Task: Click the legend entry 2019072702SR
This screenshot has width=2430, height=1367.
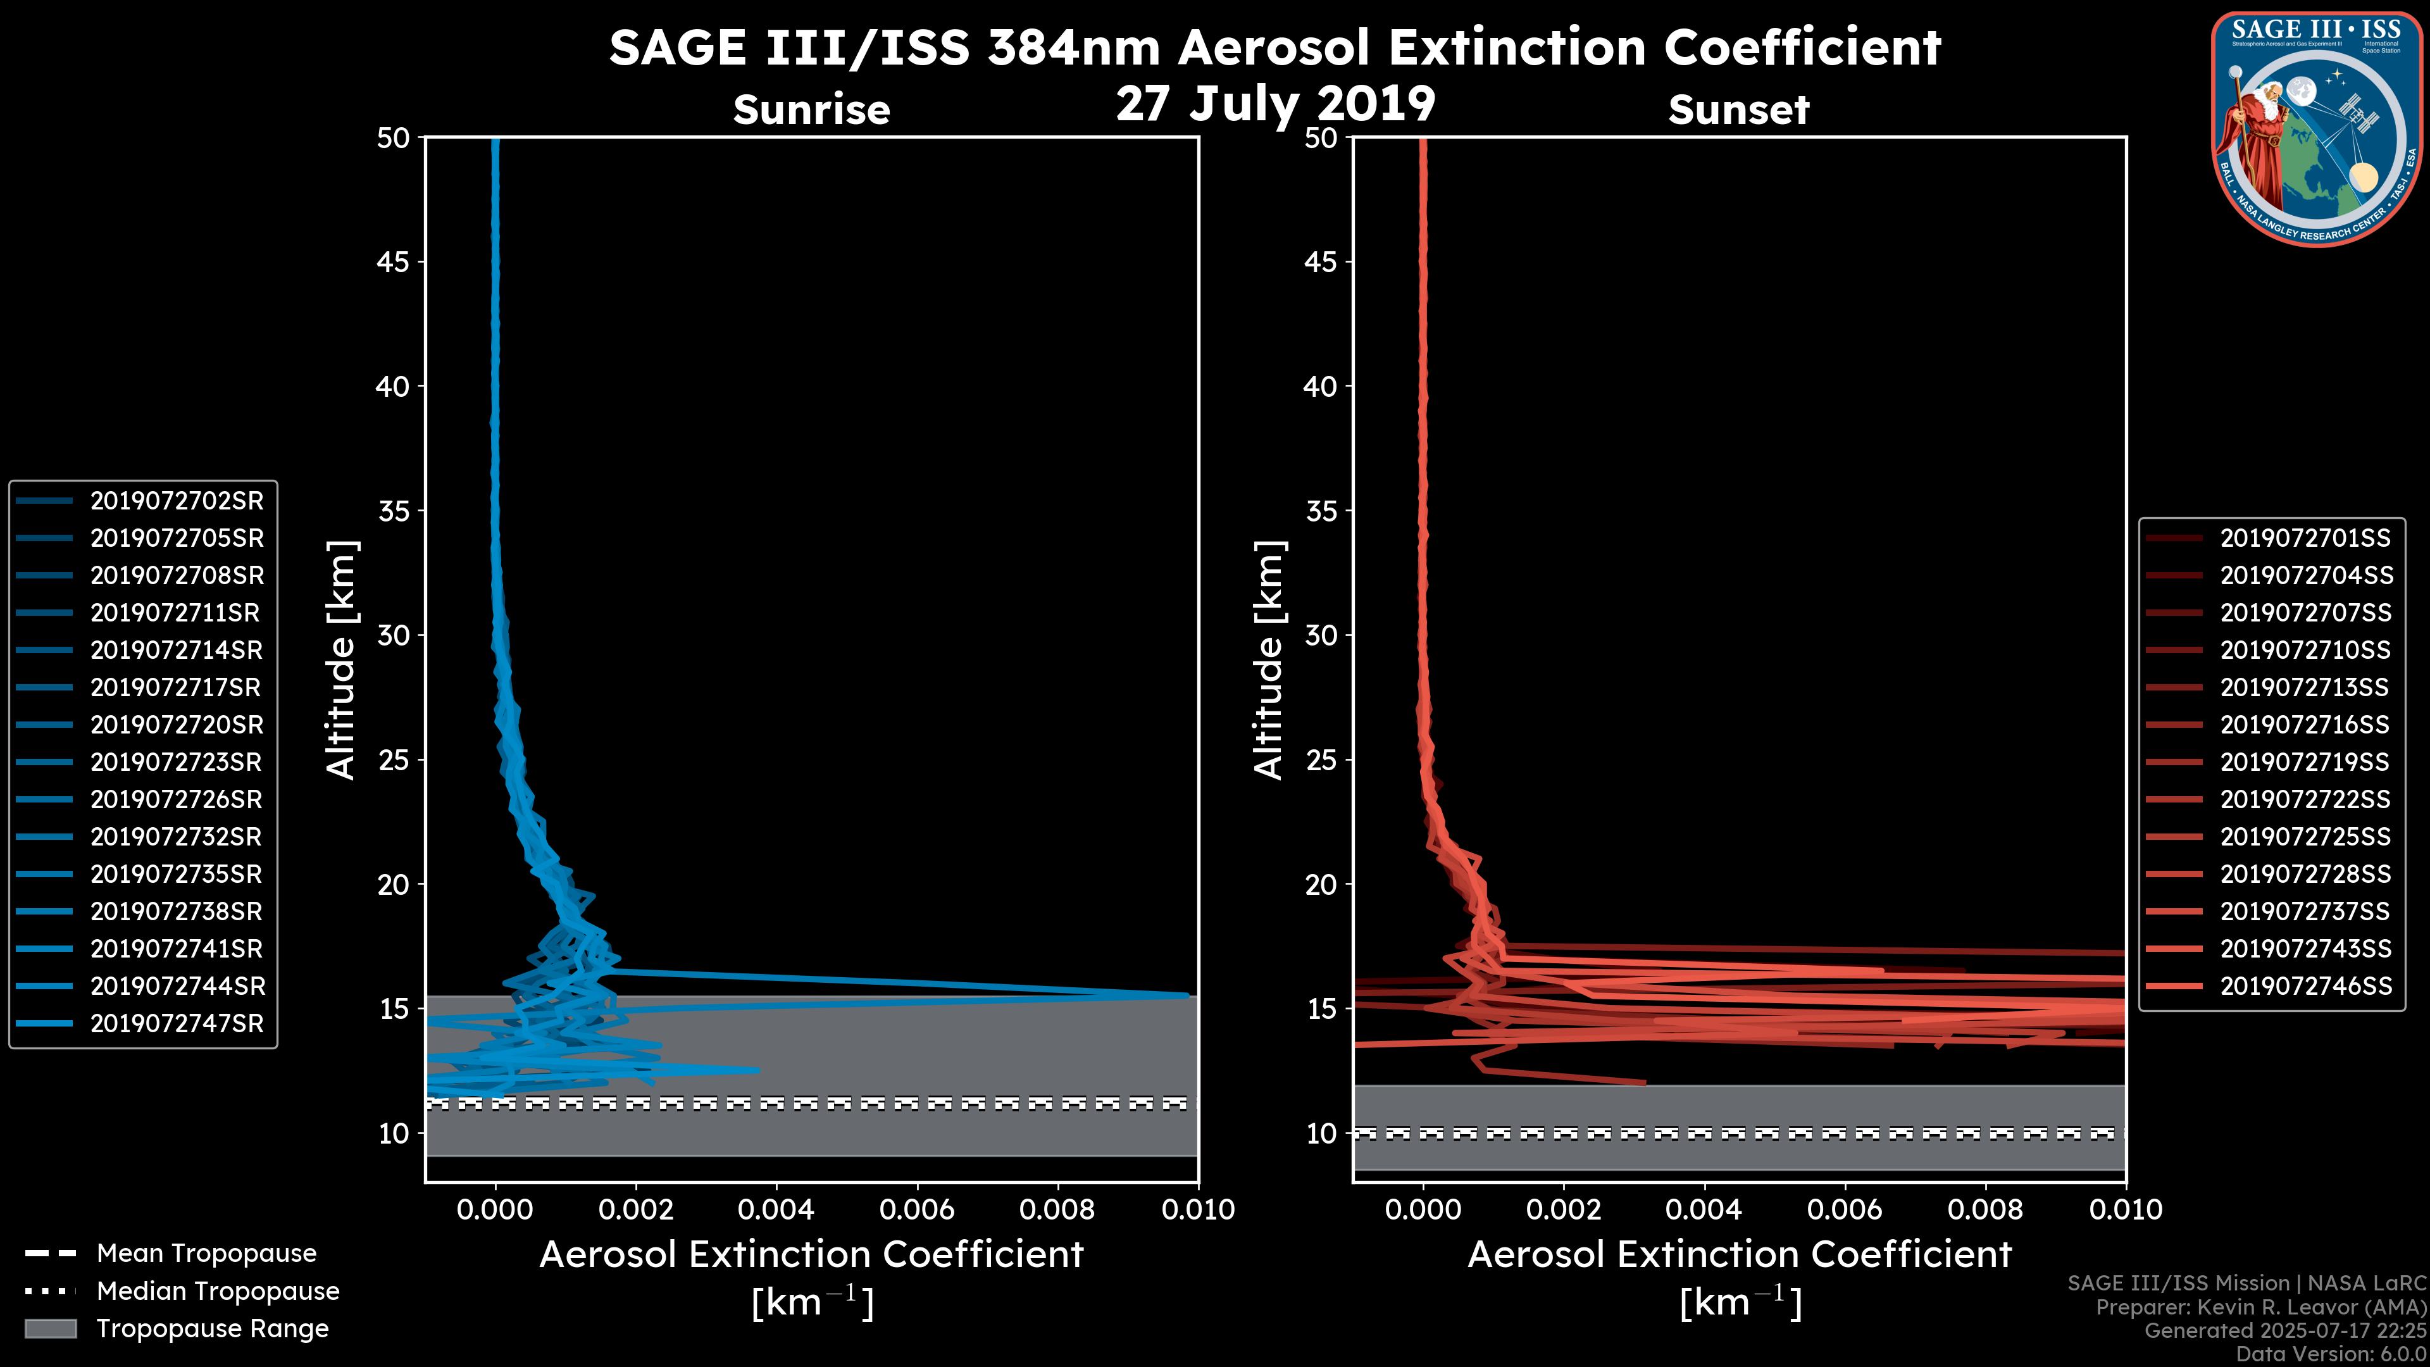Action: coord(177,501)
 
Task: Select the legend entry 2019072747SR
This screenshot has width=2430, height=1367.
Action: coord(177,1023)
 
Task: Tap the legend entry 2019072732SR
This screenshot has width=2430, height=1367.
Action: coord(177,837)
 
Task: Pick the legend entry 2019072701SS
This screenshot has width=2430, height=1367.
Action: coord(2305,538)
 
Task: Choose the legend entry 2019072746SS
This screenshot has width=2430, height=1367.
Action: coord(2305,986)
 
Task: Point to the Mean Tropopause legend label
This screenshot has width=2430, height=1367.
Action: coord(206,1254)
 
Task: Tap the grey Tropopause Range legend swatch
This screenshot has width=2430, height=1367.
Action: coord(50,1328)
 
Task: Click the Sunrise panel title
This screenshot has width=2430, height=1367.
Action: coord(811,110)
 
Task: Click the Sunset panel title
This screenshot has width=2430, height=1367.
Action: coord(1738,110)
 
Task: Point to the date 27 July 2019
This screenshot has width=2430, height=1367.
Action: coord(1275,104)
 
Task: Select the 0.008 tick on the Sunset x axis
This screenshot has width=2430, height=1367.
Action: coord(1986,1209)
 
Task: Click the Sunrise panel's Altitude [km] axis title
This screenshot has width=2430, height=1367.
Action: coord(342,659)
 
